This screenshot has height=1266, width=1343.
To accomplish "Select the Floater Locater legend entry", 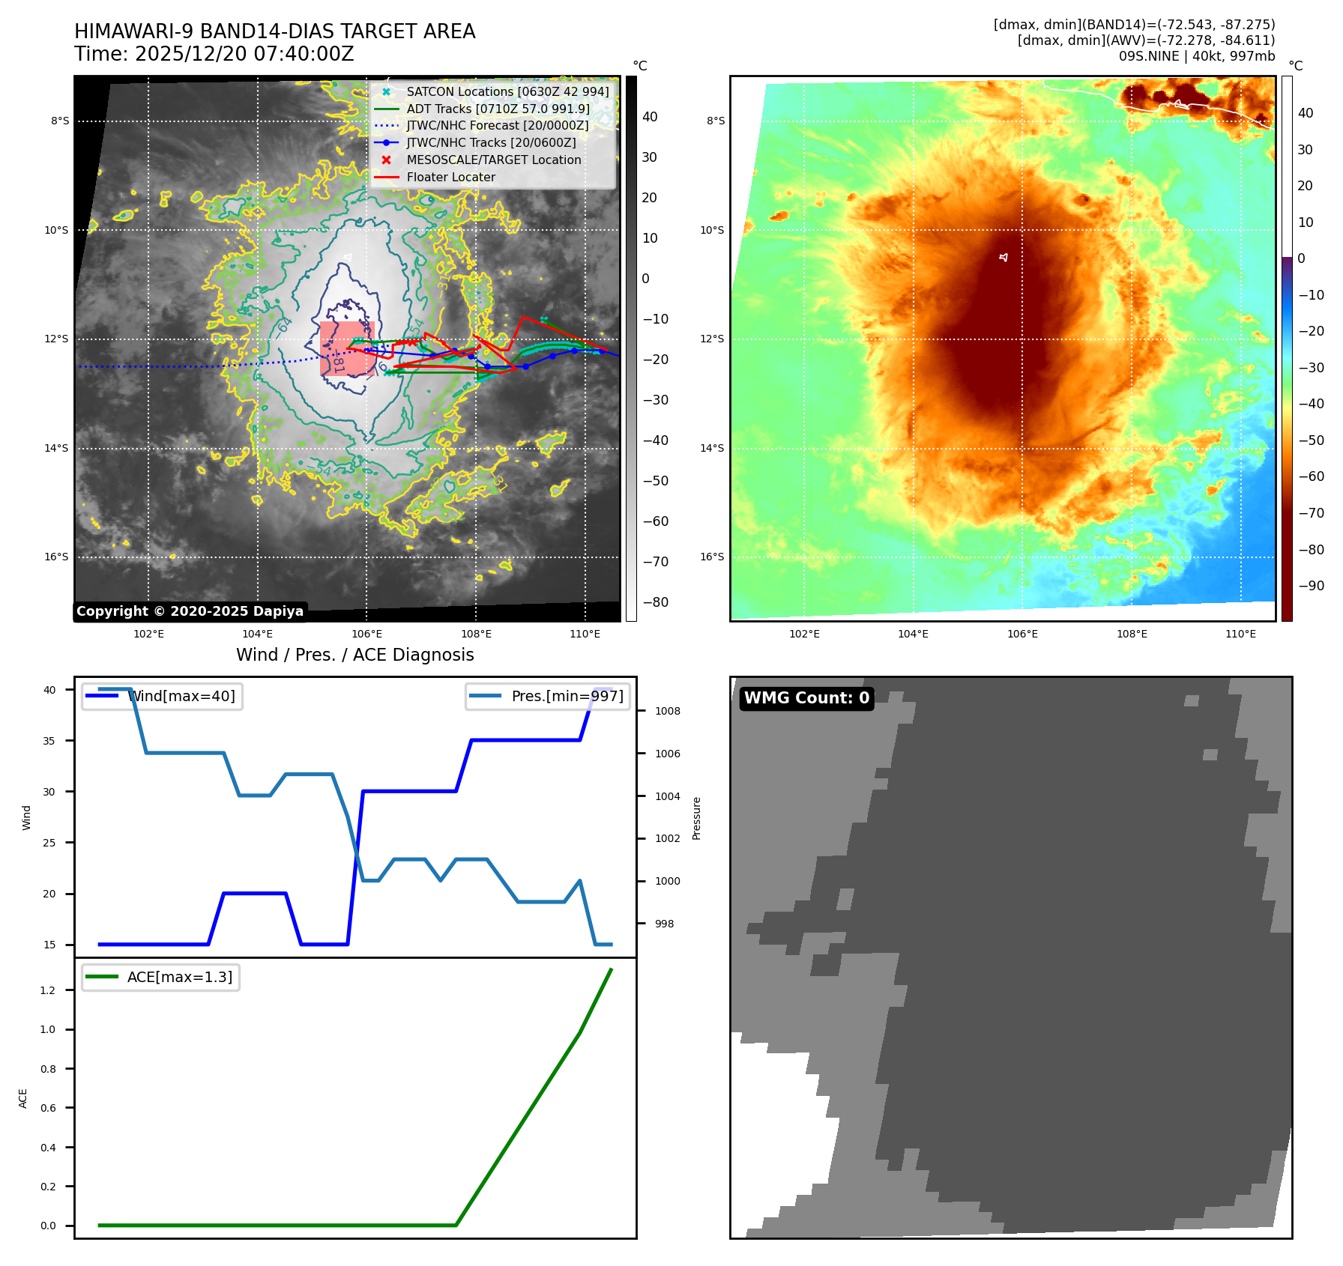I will pos(450,178).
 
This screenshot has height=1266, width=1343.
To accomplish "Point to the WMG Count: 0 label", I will pos(806,698).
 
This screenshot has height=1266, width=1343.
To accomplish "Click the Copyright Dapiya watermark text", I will pos(190,611).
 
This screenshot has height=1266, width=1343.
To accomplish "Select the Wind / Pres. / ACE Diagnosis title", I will pos(355,655).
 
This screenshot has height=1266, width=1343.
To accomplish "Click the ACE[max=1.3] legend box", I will pos(160,978).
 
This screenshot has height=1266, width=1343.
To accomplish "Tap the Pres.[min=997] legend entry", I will pos(548,697).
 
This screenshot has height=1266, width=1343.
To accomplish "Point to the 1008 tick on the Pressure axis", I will pos(667,711).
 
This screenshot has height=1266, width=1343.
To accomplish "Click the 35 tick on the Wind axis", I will pos(49,741).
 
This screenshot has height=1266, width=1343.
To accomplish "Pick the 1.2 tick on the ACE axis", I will pos(48,990).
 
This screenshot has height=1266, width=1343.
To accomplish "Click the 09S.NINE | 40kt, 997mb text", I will pos(1197,56).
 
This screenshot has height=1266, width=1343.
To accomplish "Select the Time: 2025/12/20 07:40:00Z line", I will pos(214,54).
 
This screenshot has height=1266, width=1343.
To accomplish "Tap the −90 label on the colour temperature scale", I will pos(1311,586).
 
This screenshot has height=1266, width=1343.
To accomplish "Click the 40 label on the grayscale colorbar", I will pos(650,117).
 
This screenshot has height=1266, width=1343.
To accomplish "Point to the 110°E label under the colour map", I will pos(1240,634).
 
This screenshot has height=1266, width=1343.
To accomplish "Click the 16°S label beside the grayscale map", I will pos(56,557).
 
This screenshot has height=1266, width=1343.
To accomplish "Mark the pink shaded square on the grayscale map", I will pos(347,348).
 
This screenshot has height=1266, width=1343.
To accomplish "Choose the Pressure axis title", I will pos(697,818).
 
